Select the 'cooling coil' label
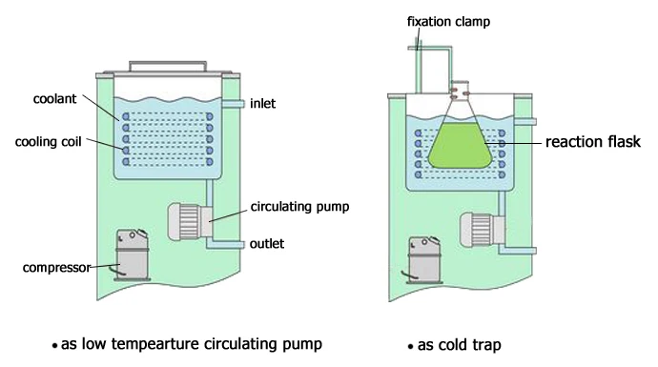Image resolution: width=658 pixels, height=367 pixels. coord(47,142)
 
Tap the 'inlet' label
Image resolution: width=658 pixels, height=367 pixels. coord(262,103)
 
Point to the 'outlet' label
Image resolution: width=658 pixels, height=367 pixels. coord(266,243)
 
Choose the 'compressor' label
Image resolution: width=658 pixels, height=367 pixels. coord(54,267)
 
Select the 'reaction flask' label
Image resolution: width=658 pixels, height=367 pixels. coord(591,142)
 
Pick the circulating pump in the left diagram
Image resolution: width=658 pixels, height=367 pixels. coord(186,222)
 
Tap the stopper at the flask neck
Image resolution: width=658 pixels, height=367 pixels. coord(462,90)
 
